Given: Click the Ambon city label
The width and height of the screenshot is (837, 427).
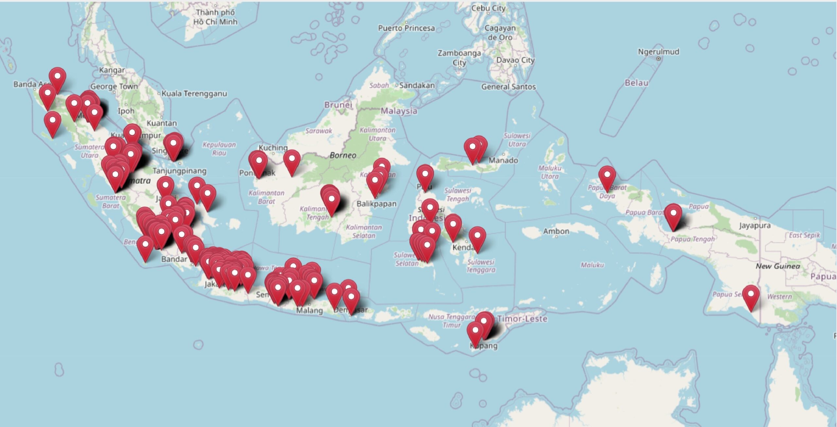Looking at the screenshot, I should (x=556, y=231).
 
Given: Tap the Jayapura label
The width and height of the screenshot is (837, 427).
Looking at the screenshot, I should (x=755, y=225).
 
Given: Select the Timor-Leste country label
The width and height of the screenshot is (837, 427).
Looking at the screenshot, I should (x=522, y=319).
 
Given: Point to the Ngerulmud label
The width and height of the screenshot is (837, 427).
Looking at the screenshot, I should (x=658, y=52).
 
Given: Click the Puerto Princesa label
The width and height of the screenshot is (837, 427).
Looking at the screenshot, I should (x=406, y=28).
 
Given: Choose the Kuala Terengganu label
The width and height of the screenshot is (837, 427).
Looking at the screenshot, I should (x=194, y=94).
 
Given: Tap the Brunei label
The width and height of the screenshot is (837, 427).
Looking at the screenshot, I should (x=338, y=105).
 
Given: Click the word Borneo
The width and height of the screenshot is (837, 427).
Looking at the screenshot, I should (x=343, y=155).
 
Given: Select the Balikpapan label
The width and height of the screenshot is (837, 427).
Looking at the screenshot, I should (x=376, y=204).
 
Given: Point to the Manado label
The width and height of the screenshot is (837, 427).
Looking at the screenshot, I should (x=503, y=160).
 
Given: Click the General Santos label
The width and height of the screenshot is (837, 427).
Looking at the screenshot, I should (x=508, y=87).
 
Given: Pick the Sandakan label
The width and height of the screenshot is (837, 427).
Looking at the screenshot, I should (x=417, y=85).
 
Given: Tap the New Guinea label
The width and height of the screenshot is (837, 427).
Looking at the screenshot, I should (x=778, y=266).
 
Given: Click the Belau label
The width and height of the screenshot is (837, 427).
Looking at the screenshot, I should (x=636, y=83).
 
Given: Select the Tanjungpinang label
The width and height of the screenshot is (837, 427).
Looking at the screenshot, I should (x=179, y=171).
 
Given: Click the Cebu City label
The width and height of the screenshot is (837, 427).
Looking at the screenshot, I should (x=488, y=8).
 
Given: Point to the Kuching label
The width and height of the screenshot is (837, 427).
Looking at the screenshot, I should (x=273, y=148).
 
